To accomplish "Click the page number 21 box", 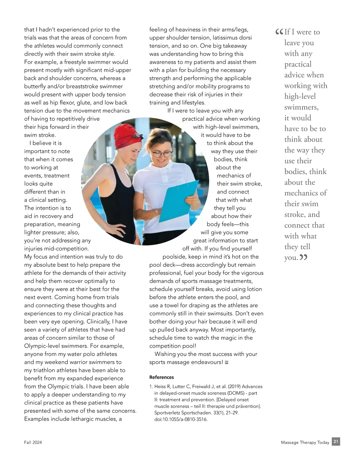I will coord(336,442).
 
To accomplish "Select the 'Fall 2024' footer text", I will coord(33,442).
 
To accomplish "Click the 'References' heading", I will coord(161,377).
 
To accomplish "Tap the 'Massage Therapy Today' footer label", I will coord(305,442).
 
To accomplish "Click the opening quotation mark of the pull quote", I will coord(279,31).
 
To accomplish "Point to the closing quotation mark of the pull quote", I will coord(304,257).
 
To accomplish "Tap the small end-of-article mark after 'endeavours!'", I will coord(226,363).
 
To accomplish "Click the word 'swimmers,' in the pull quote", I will coord(301,107).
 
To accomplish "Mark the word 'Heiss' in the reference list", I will coord(160,387).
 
